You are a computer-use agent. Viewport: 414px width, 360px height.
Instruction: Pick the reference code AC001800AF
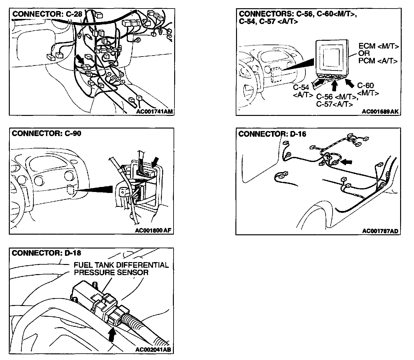(153, 230)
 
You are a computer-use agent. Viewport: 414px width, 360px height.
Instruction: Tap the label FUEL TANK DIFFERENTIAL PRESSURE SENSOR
(121, 269)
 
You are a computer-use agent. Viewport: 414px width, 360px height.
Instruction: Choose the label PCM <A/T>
(378, 61)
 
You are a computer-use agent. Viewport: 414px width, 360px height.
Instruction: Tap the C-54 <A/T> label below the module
(303, 91)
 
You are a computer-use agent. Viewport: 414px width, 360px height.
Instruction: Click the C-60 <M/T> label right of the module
(367, 89)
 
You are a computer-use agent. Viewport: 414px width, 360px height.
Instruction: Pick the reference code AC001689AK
(380, 111)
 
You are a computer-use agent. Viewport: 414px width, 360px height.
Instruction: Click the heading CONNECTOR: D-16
(272, 134)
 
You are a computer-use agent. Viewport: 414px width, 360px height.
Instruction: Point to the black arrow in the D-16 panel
(346, 162)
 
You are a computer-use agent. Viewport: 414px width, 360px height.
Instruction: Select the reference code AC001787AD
(380, 231)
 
